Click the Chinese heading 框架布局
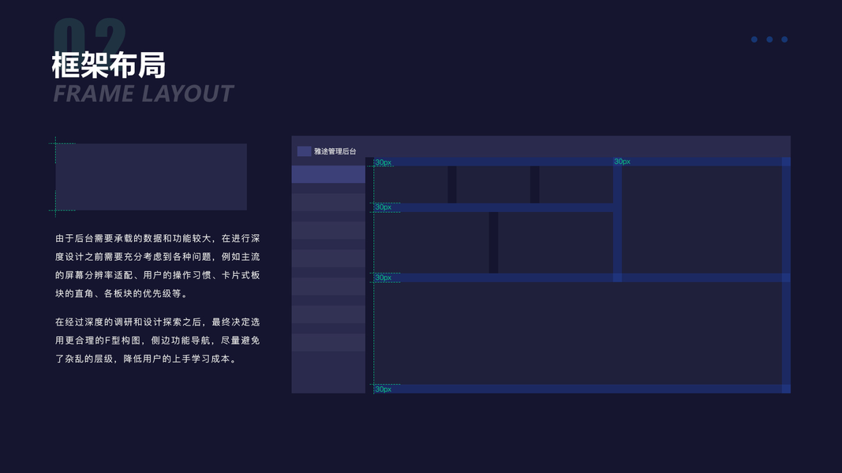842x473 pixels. tap(109, 65)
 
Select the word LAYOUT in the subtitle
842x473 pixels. tap(188, 94)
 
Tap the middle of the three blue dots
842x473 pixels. tap(769, 39)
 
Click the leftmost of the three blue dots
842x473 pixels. tap(754, 39)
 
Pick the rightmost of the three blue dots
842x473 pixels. tap(784, 39)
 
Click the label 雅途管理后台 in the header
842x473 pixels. tap(335, 151)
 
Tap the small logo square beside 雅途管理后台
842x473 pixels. tap(304, 151)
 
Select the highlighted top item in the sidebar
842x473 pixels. tap(328, 174)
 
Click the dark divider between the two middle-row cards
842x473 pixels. tap(493, 242)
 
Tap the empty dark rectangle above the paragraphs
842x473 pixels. tap(151, 177)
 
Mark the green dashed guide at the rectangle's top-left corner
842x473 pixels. tap(56, 143)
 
